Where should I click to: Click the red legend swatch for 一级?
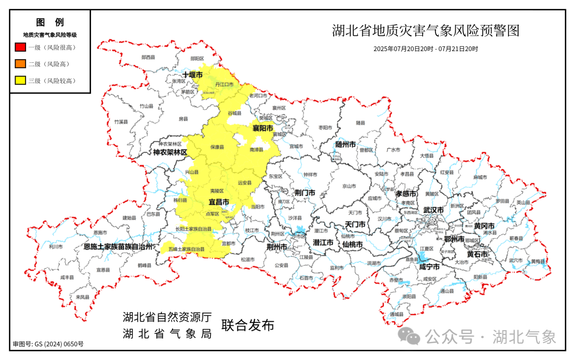tap(21, 47)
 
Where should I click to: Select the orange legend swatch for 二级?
tap(21, 64)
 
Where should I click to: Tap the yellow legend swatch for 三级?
tap(21, 80)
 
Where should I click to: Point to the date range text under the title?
tap(425, 48)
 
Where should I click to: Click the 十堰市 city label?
tap(192, 75)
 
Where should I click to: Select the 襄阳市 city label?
tap(262, 128)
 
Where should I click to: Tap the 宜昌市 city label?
tap(218, 202)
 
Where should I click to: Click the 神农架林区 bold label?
tap(170, 152)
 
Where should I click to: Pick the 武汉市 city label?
tap(433, 210)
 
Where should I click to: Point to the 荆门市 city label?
tap(305, 192)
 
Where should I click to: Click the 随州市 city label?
tap(346, 144)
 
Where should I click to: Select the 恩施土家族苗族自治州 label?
tap(118, 247)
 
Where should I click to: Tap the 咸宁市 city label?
tap(429, 266)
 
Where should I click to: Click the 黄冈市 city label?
tap(484, 226)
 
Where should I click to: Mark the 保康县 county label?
tap(217, 146)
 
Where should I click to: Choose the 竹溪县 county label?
tap(121, 122)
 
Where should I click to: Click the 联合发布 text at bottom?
tap(248, 325)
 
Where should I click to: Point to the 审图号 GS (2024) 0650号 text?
tap(48, 344)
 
